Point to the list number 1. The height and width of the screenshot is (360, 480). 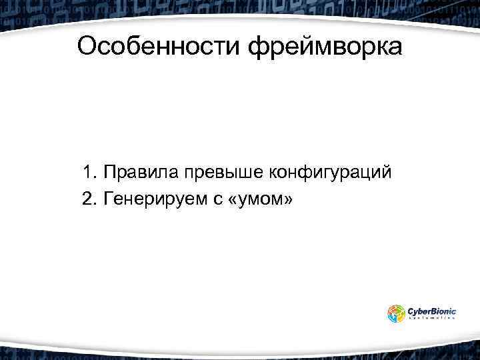[x=89, y=173]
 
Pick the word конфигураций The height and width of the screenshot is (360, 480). [x=329, y=173]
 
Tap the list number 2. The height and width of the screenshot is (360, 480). [x=89, y=199]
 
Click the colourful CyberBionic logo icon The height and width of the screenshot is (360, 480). [x=396, y=313]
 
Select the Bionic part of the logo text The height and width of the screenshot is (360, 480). [x=445, y=310]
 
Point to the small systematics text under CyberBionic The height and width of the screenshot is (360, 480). [x=431, y=319]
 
